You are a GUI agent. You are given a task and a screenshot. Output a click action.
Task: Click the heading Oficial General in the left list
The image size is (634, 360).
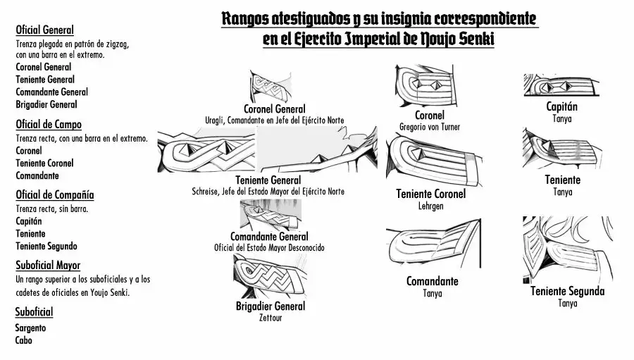(x=44, y=30)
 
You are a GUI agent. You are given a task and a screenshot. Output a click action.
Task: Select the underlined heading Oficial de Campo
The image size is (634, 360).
(x=48, y=125)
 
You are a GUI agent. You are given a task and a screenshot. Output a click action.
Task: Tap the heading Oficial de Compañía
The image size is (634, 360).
(x=54, y=194)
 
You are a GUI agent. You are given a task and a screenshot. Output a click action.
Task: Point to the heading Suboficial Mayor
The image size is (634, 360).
(x=47, y=266)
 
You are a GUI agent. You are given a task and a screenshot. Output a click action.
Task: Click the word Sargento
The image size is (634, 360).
(x=30, y=328)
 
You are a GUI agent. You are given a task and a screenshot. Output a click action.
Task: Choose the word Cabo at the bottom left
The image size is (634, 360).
(x=23, y=340)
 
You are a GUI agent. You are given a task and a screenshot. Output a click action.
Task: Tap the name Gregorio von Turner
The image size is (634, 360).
(x=429, y=127)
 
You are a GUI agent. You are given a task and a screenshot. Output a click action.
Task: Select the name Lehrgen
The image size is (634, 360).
(x=430, y=206)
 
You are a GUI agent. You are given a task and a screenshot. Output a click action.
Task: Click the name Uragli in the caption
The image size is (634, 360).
(x=216, y=120)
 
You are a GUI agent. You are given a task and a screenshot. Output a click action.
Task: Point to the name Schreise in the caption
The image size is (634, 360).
(x=206, y=191)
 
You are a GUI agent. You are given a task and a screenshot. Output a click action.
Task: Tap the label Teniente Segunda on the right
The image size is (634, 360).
(x=567, y=291)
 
